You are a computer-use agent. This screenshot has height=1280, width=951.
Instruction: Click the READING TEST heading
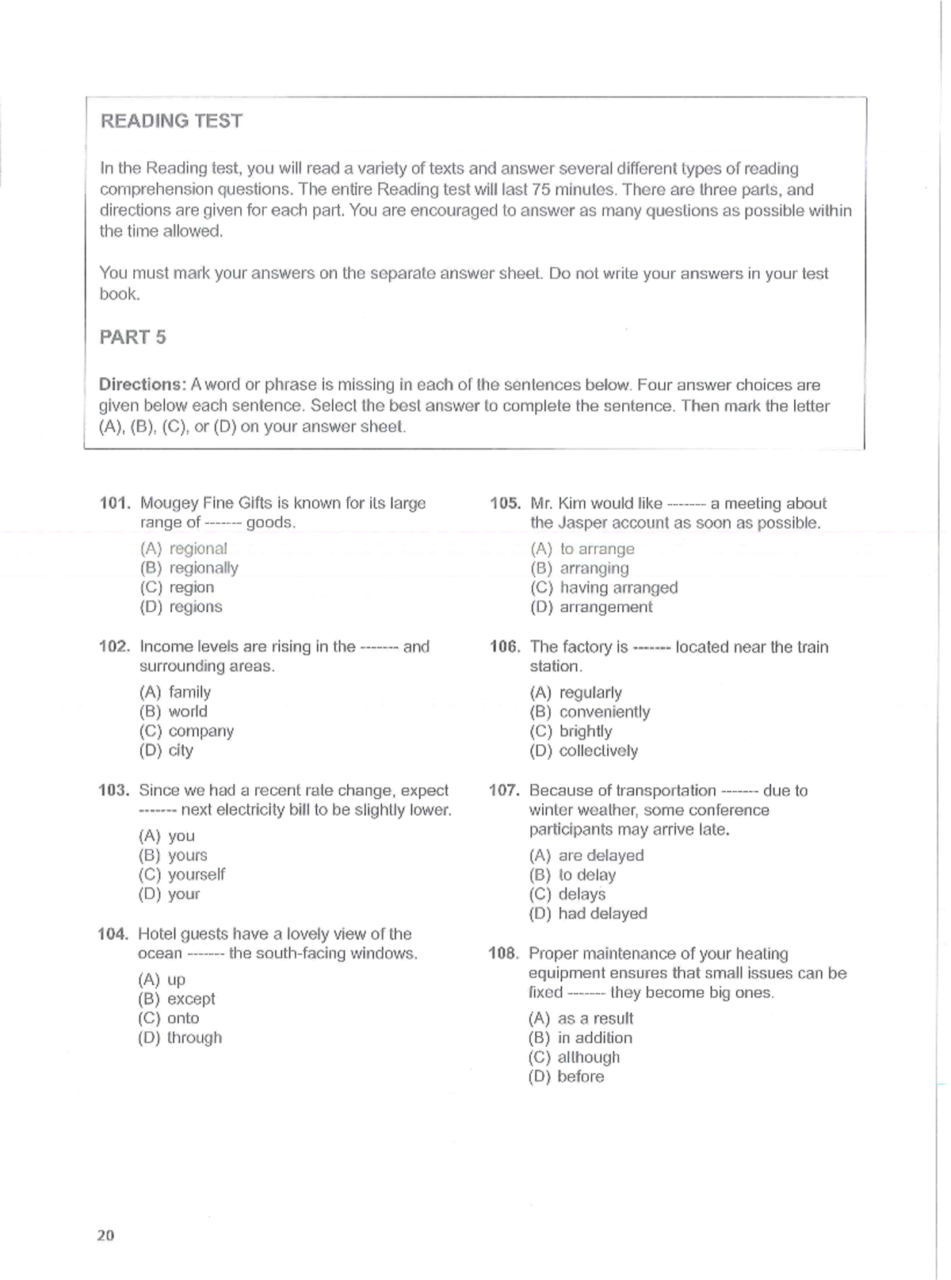(171, 121)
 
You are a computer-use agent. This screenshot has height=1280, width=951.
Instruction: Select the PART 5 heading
(132, 338)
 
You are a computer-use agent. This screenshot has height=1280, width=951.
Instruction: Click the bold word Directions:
(142, 385)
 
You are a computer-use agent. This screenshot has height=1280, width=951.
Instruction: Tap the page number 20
(105, 1235)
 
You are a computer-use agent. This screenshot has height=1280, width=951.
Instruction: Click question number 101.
(114, 503)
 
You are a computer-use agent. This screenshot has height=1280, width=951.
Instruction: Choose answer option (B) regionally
(189, 568)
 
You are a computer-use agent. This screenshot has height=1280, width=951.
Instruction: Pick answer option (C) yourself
(181, 875)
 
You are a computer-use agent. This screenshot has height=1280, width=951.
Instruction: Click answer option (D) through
(180, 1038)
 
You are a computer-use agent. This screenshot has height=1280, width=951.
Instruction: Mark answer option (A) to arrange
(582, 549)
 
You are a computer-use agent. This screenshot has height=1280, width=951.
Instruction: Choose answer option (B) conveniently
(590, 713)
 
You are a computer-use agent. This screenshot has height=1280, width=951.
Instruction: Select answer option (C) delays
(567, 895)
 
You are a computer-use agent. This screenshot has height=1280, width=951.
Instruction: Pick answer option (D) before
(566, 1077)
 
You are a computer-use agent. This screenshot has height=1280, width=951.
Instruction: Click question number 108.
(503, 953)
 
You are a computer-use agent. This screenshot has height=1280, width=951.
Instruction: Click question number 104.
(113, 934)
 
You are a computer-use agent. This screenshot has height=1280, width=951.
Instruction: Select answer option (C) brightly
(571, 732)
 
